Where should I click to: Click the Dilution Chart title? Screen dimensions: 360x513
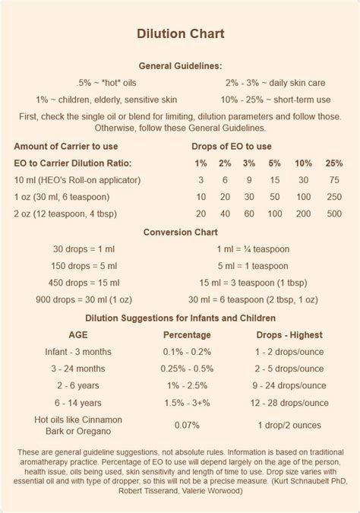[180, 34]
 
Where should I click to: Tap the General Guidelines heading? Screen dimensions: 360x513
[180, 66]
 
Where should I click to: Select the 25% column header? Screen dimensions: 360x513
[333, 163]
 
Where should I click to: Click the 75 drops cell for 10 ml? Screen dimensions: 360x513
[333, 180]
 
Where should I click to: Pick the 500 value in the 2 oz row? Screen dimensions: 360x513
[333, 214]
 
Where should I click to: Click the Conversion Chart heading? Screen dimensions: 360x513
[180, 232]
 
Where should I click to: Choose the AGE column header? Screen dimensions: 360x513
[77, 334]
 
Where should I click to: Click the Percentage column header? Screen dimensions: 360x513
[188, 334]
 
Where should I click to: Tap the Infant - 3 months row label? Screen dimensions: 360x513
[77, 352]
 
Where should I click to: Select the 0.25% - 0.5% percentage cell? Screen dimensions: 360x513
[188, 369]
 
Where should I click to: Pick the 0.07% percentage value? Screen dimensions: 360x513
[188, 426]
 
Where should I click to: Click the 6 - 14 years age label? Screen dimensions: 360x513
[77, 403]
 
